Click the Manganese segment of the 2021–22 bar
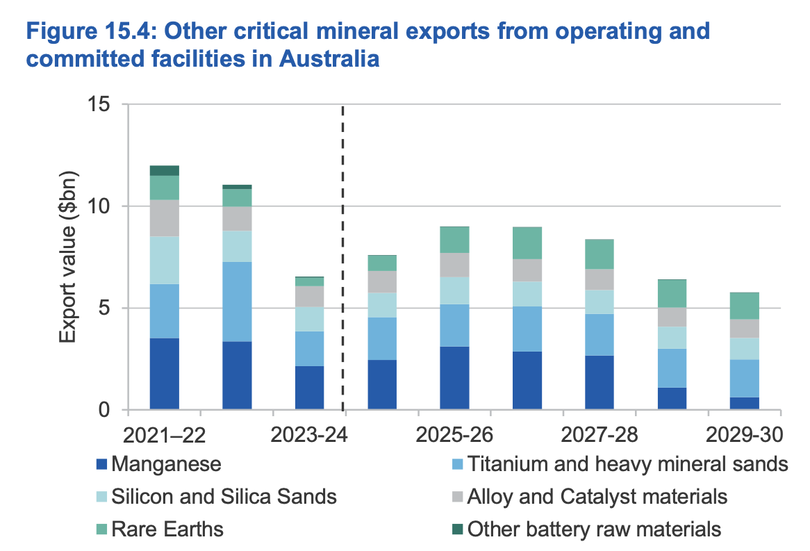coord(165,374)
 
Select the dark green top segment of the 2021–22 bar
coord(165,170)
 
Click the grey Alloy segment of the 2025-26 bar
coord(454,265)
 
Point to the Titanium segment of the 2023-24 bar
coord(310,349)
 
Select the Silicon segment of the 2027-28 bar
coord(600,302)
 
